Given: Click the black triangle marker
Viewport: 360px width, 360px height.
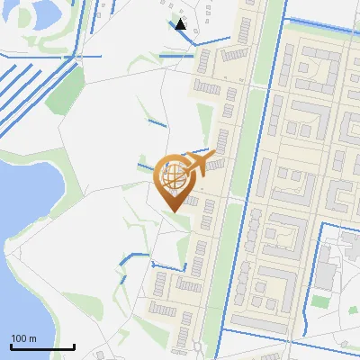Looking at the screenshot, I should pos(181,24).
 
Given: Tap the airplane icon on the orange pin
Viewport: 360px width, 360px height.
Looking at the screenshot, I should pos(196,163).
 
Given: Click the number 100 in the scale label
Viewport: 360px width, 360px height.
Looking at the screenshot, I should pos(19,338).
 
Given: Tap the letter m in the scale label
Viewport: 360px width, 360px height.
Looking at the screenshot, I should pos(32,338).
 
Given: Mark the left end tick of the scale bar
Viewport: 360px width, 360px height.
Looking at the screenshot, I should pos(11,346).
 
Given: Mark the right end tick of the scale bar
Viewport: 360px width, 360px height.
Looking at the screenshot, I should pos(74,346).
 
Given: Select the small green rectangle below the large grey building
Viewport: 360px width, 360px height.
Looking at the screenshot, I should pos(321,300).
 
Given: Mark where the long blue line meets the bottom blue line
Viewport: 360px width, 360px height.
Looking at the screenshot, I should pos(222,331).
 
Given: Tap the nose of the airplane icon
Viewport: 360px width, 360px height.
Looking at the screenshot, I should pos(214,156).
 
